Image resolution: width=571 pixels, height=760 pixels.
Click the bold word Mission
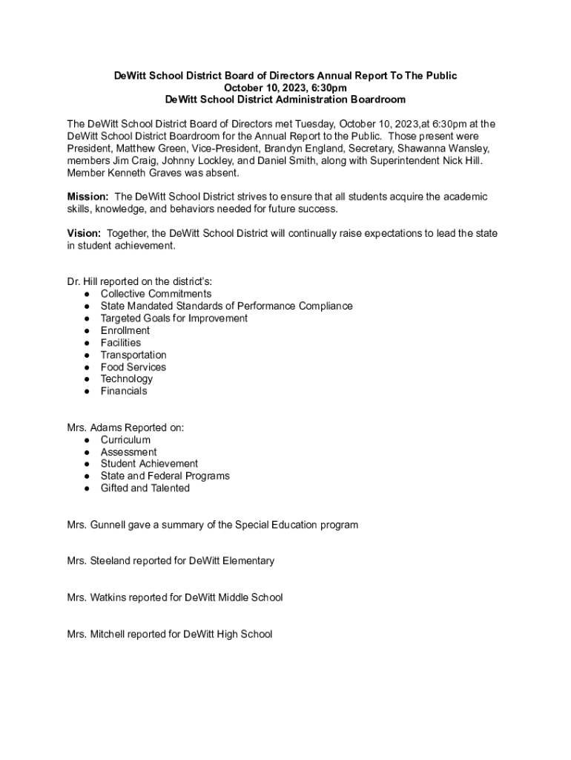88,197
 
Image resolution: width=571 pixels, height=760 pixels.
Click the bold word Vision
84,234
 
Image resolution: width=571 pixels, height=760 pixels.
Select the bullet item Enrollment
125,330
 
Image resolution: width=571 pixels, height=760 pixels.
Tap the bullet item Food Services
133,367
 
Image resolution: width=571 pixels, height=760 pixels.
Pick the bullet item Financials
124,391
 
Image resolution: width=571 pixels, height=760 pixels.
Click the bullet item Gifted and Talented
145,488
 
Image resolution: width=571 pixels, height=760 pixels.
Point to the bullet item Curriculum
125,440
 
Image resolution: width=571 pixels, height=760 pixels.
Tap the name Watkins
110,597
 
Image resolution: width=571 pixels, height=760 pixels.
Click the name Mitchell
109,635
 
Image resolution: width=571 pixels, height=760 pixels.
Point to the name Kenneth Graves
141,173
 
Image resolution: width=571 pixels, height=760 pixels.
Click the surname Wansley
468,148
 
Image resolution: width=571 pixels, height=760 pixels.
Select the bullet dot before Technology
88,379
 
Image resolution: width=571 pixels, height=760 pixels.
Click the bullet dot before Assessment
88,452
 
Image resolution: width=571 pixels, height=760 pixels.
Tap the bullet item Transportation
133,355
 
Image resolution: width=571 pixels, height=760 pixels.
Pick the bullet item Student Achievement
149,464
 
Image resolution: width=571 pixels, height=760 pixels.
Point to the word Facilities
121,343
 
